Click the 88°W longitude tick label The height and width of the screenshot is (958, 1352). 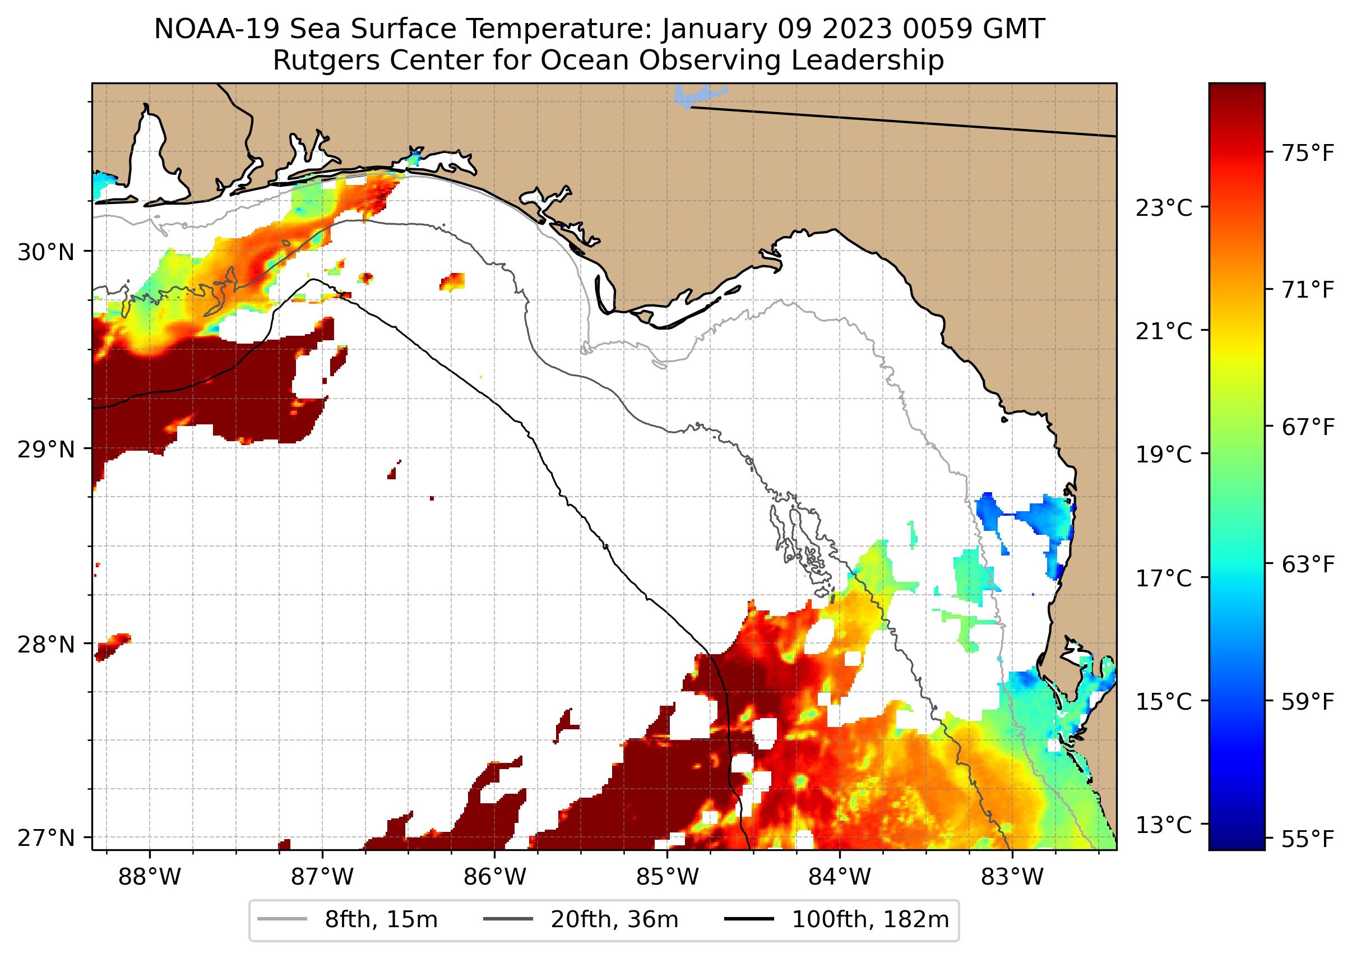point(149,877)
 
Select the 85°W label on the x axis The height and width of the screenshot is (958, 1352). point(667,877)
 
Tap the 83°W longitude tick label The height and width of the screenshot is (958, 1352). point(1012,877)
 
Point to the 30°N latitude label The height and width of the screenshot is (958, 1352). point(46,252)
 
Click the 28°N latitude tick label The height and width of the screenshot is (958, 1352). point(46,645)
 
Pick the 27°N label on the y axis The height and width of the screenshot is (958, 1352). point(46,837)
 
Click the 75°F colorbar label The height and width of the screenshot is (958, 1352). point(1307,154)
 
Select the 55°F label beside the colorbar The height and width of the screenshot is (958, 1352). point(1307,838)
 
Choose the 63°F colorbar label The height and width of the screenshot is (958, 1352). point(1307,564)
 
